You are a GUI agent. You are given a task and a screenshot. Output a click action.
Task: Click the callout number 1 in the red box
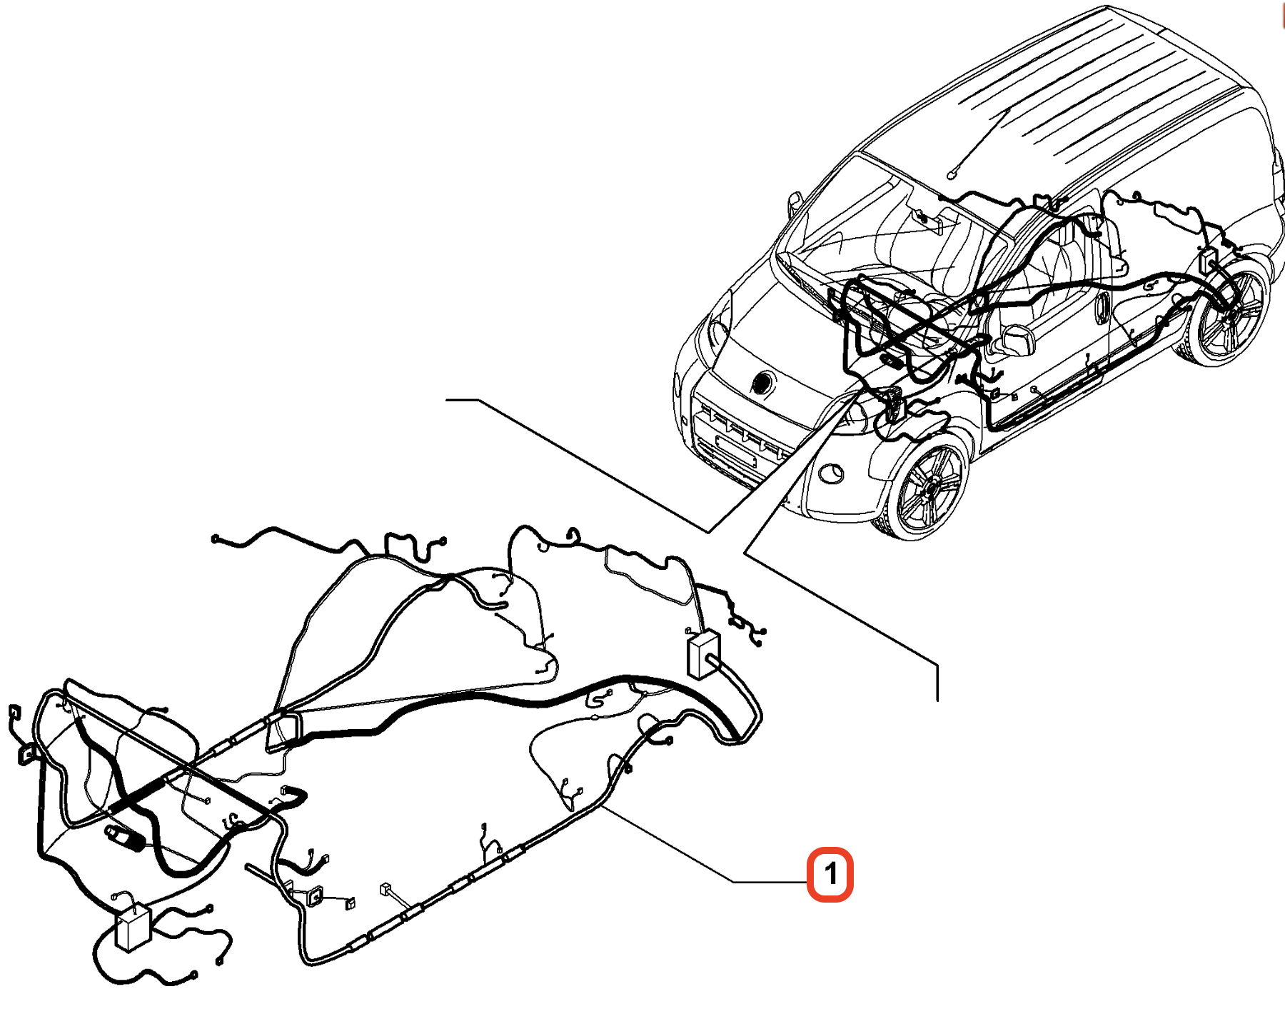(830, 873)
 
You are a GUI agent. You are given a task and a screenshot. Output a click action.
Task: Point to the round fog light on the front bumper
(830, 472)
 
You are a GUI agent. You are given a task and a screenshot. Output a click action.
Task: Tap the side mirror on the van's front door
(1014, 341)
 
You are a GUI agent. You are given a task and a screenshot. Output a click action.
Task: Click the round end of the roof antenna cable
(951, 176)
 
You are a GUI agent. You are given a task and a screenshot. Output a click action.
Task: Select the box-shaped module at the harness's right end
(704, 653)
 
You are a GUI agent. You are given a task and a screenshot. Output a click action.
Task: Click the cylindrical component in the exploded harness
(125, 838)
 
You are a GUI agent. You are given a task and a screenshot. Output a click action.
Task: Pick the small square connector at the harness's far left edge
(14, 712)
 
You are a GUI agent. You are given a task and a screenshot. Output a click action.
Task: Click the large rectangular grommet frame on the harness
(284, 731)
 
